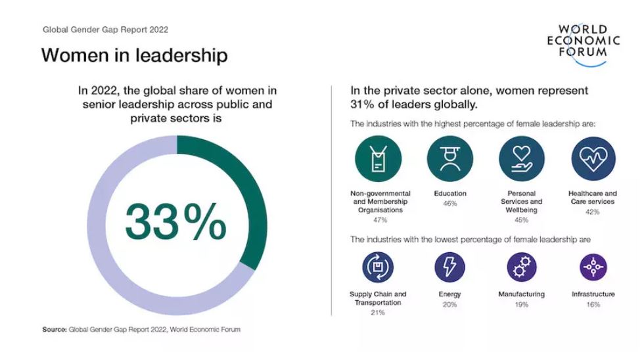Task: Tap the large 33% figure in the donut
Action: pyautogui.click(x=175, y=223)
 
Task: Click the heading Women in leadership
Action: pyautogui.click(x=134, y=55)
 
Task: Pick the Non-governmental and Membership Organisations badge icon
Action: pyautogui.click(x=378, y=160)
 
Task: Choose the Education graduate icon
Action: pyautogui.click(x=450, y=160)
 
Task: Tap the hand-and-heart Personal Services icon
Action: pyautogui.click(x=522, y=160)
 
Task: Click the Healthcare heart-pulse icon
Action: pyautogui.click(x=593, y=160)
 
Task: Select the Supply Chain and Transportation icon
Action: pyautogui.click(x=378, y=267)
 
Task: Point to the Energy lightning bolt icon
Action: pyautogui.click(x=450, y=267)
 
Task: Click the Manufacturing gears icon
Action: pyautogui.click(x=522, y=267)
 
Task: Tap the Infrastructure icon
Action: pyautogui.click(x=593, y=267)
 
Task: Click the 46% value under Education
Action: pyautogui.click(x=450, y=204)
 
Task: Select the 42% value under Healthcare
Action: pyautogui.click(x=593, y=212)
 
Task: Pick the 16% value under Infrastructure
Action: pyautogui.click(x=593, y=305)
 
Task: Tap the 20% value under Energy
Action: pyautogui.click(x=450, y=305)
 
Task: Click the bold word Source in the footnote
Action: pyautogui.click(x=54, y=330)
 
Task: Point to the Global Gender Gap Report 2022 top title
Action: pyautogui.click(x=105, y=30)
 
